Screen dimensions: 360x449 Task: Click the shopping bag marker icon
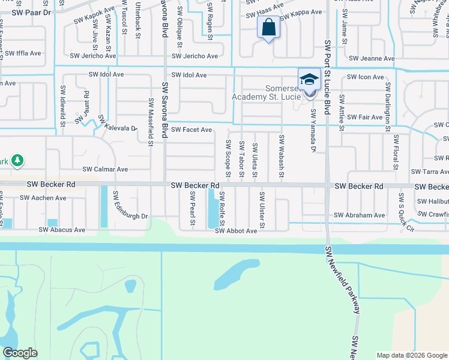pyautogui.click(x=268, y=28)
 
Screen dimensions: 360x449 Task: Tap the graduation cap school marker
pyautogui.click(x=309, y=79)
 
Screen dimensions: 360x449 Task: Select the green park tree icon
pyautogui.click(x=18, y=160)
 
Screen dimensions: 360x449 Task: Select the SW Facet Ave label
pyautogui.click(x=191, y=130)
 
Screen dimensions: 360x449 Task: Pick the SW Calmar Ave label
pyautogui.click(x=105, y=170)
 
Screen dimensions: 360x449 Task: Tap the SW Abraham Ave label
pyautogui.click(x=360, y=215)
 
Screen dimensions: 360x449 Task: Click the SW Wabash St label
pyautogui.click(x=281, y=157)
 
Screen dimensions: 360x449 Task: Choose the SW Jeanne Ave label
pyautogui.click(x=372, y=59)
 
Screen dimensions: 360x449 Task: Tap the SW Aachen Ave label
pyautogui.click(x=43, y=197)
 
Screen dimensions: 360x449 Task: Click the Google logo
pyautogui.click(x=20, y=353)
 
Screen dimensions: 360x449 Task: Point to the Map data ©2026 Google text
pyautogui.click(x=412, y=355)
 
